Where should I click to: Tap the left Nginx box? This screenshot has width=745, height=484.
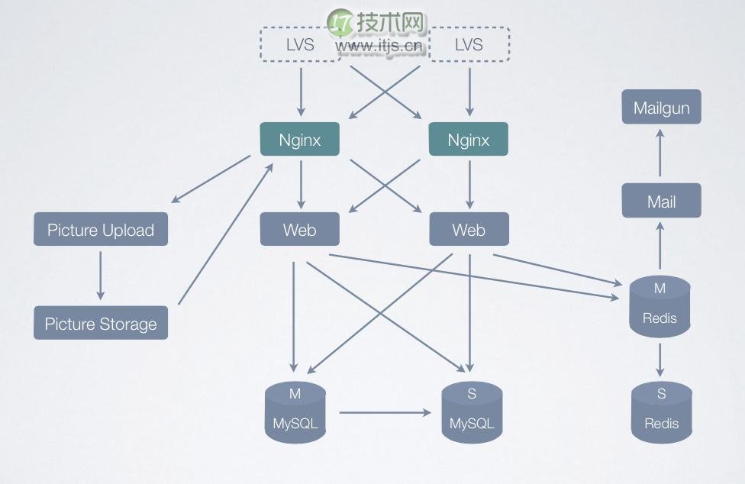[300, 139]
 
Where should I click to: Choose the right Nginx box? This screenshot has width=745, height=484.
[469, 139]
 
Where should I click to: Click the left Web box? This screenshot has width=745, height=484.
[300, 229]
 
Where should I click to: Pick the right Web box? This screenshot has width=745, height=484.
[469, 229]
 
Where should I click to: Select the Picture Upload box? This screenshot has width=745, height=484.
[101, 229]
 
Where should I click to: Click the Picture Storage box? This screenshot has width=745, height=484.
[101, 323]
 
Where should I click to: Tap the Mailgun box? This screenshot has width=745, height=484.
[661, 107]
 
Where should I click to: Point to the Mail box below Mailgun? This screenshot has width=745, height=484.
[661, 201]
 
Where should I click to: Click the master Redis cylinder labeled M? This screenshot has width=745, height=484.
[660, 306]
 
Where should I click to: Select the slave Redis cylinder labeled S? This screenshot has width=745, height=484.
[661, 411]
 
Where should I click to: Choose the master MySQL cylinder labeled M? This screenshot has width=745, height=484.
[295, 411]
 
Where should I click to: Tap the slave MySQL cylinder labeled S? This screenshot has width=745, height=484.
[472, 411]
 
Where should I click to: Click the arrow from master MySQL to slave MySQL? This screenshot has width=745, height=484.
[385, 413]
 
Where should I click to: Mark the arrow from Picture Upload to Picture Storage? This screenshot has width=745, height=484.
[100, 276]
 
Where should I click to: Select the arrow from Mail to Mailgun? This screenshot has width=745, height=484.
[660, 153]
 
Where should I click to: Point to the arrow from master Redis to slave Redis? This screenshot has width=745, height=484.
[660, 360]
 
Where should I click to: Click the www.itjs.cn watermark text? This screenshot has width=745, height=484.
[379, 46]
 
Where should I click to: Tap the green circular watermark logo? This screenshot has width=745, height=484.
[340, 22]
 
